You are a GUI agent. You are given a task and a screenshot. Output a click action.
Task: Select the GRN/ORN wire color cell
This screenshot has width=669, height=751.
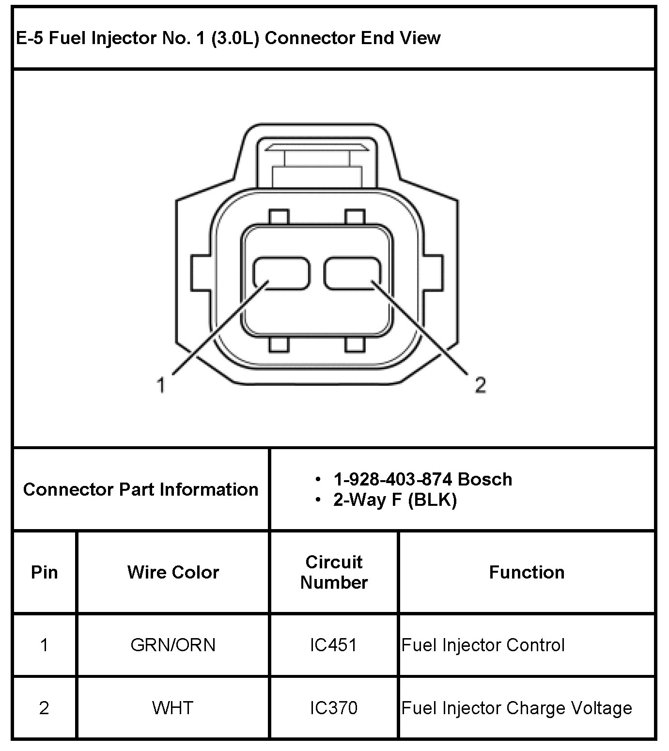(173, 645)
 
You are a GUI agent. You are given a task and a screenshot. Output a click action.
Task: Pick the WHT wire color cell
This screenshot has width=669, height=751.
(173, 708)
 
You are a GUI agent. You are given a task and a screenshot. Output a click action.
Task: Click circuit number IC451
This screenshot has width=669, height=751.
(334, 645)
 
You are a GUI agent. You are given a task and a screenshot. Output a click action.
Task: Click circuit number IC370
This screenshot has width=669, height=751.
(334, 708)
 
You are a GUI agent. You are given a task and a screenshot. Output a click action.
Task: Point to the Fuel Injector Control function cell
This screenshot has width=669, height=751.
(483, 645)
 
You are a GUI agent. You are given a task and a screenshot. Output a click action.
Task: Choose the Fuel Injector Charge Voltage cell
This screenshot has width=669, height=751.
(517, 708)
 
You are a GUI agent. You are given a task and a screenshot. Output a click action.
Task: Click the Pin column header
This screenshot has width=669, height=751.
(44, 572)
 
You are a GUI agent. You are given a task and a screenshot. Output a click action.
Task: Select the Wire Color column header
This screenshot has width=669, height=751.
(173, 572)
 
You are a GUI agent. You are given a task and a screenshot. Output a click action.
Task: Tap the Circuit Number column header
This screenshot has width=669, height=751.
(334, 572)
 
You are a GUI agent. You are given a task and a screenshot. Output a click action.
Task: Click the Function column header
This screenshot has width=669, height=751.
(527, 572)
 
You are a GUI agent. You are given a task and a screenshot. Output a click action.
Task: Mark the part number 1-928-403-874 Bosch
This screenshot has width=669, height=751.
(422, 479)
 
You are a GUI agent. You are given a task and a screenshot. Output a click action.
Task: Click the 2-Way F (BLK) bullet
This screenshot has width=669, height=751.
(395, 500)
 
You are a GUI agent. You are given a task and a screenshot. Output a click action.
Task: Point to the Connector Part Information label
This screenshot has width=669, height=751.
(140, 489)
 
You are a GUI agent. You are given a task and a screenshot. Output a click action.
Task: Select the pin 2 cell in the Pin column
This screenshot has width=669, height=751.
(44, 708)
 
